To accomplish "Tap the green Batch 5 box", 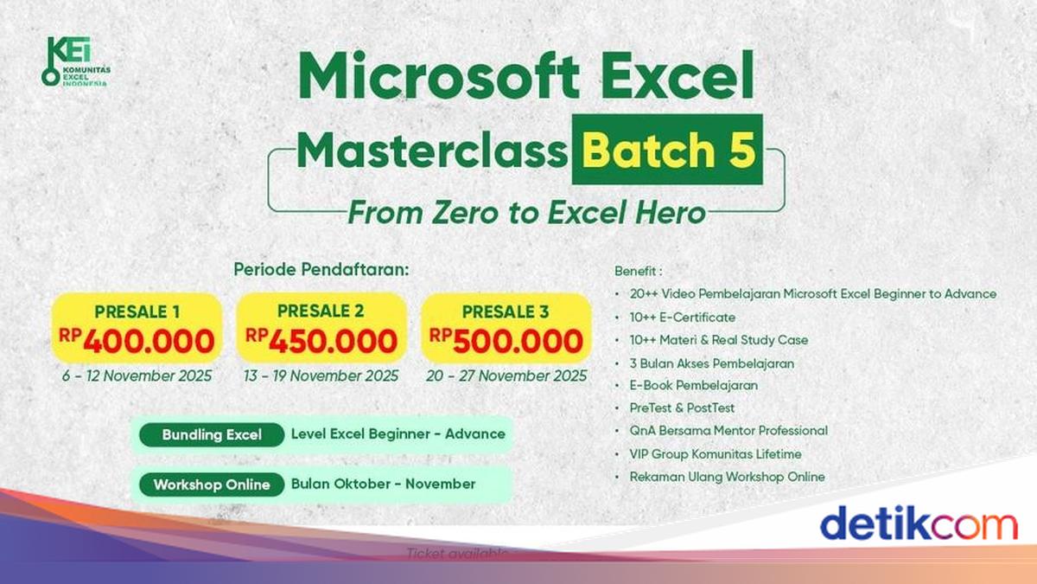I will coord(667,150).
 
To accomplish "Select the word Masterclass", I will coord(432,151).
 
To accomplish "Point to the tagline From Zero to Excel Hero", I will coord(526,212).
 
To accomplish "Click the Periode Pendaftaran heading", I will coord(321,269).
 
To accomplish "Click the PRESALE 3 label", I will coord(506,311).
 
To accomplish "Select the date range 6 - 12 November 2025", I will coord(137,375).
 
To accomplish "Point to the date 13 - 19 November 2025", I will coord(322,375).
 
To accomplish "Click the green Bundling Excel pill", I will coord(212,434).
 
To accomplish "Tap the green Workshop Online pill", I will coord(212,485).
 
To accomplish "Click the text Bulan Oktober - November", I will coord(383,485).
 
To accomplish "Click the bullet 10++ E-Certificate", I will coord(683,318).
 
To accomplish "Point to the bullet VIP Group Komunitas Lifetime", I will coord(716,453).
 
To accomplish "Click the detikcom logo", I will coord(918,524).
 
